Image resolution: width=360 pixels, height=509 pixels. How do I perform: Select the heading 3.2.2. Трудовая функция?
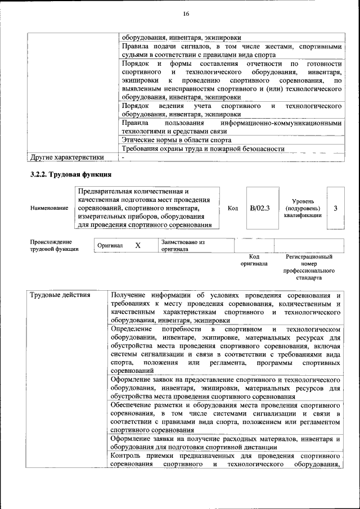(71, 174)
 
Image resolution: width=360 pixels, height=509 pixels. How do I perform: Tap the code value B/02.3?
(260, 208)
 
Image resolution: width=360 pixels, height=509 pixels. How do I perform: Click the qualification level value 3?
(335, 208)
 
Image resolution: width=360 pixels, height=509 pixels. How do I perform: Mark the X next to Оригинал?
(138, 246)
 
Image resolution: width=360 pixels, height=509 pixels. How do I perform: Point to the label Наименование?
(49, 208)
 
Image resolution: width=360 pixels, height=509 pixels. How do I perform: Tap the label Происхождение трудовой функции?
(54, 245)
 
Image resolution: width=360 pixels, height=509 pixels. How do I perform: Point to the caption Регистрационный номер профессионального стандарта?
(309, 267)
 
